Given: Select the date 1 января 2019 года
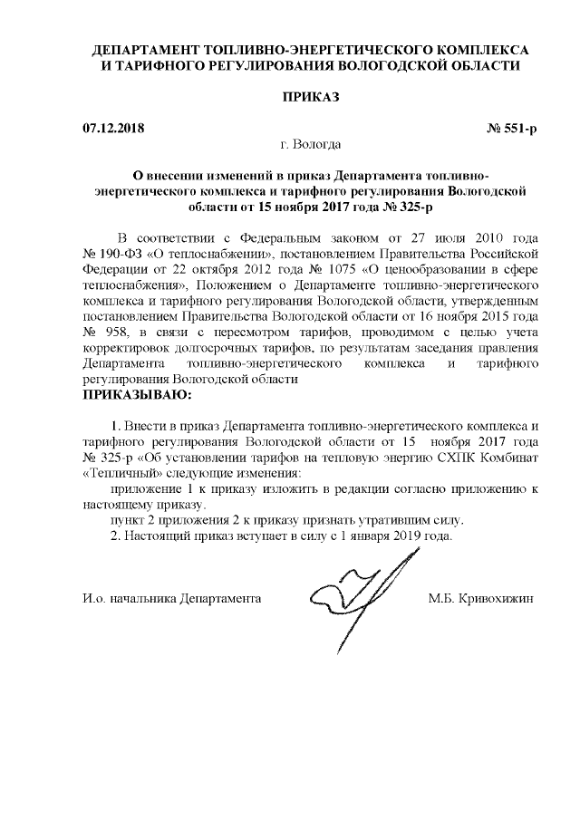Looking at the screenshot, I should coord(392,535).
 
